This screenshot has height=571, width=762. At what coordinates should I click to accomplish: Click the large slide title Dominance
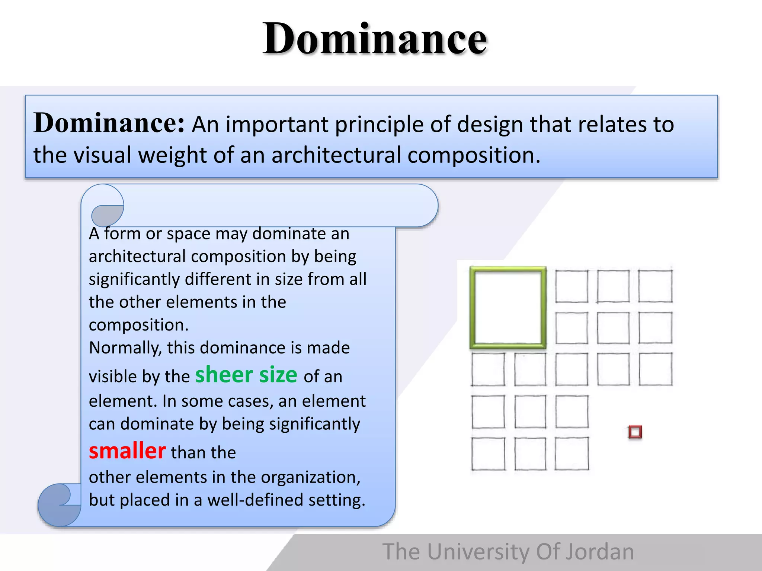(x=375, y=39)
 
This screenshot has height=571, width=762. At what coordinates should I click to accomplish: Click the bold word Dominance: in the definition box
(x=109, y=123)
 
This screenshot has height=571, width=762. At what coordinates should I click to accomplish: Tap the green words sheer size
(x=246, y=375)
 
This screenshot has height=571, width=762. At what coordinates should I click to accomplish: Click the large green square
(x=508, y=308)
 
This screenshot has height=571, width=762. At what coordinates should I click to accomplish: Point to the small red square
(x=635, y=432)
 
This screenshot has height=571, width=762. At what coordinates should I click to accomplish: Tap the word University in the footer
(x=478, y=552)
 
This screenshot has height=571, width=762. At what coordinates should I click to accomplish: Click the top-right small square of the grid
(x=655, y=286)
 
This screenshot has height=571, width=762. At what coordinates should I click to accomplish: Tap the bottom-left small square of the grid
(x=488, y=454)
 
